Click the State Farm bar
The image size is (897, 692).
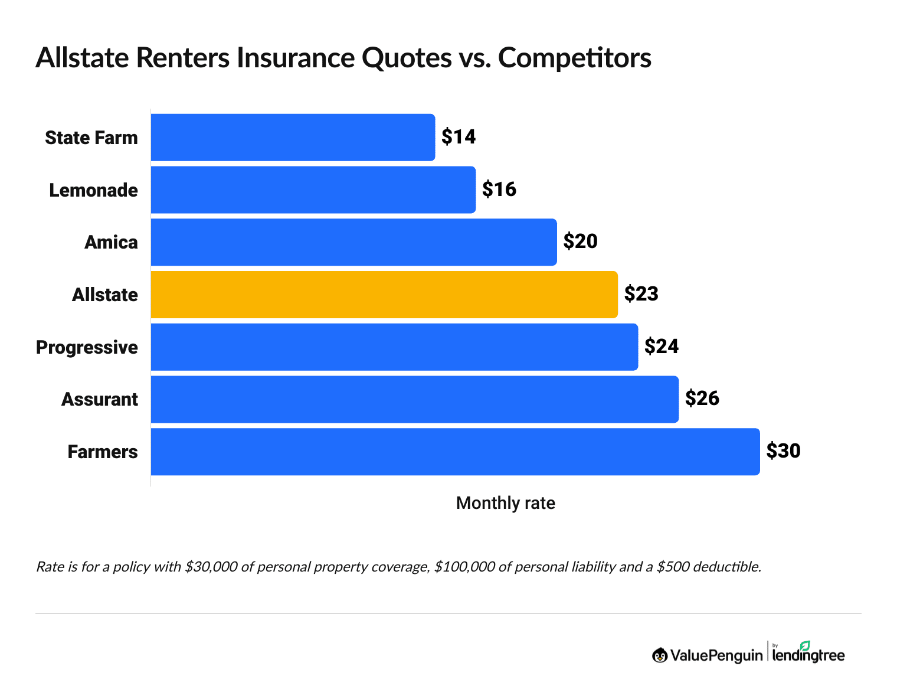point(293,138)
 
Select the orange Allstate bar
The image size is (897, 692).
point(384,295)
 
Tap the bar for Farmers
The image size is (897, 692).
point(455,452)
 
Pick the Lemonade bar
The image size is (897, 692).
point(313,190)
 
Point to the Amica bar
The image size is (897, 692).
point(353,242)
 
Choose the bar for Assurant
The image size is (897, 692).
point(414,399)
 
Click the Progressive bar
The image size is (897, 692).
point(394,347)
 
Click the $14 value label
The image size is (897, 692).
point(459,137)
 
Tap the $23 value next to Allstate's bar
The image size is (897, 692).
point(641,294)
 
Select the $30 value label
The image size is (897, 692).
point(783,451)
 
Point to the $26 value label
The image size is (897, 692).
point(702,399)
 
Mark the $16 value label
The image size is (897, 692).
point(499,190)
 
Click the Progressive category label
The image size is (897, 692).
point(87,347)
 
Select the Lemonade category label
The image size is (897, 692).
point(93,190)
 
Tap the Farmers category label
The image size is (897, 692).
point(103,452)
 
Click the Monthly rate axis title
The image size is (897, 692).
point(506,503)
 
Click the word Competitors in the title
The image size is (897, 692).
point(575,58)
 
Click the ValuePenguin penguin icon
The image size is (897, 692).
point(659,655)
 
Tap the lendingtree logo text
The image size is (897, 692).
point(808,655)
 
